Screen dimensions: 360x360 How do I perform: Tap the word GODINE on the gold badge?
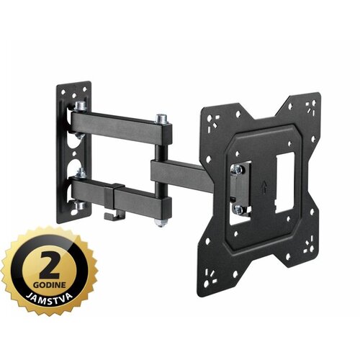(50, 286)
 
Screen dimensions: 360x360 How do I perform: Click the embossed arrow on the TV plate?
(264, 186)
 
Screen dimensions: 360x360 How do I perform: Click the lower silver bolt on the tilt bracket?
(239, 210)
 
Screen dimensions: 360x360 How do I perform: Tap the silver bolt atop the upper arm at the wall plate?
(81, 107)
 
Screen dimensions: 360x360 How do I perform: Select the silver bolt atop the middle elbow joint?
(161, 119)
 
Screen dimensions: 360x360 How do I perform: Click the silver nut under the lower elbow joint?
(160, 222)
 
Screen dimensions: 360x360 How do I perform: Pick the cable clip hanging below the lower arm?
(114, 215)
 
